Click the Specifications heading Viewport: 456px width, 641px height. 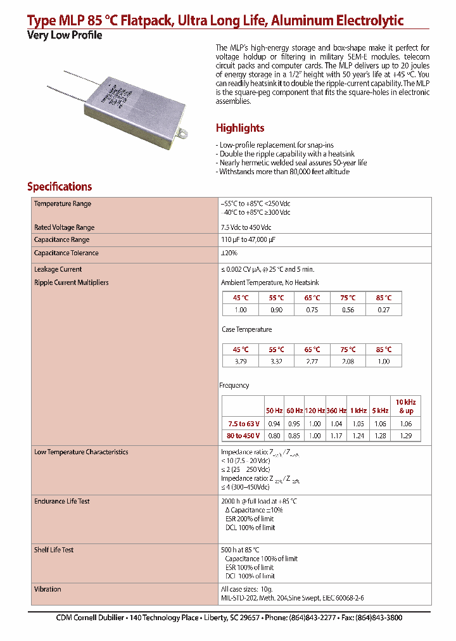click(x=60, y=187)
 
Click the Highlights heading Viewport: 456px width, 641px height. click(x=240, y=128)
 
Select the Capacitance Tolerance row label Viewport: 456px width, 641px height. click(x=66, y=253)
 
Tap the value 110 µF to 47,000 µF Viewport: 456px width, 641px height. click(x=248, y=239)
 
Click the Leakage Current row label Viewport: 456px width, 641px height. click(x=58, y=269)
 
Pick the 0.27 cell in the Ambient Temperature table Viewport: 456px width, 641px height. click(x=384, y=310)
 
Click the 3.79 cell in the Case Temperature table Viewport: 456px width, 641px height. click(x=241, y=361)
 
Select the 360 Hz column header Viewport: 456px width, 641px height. click(x=336, y=411)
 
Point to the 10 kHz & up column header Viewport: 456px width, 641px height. click(x=405, y=407)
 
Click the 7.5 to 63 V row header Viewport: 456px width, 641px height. click(x=244, y=424)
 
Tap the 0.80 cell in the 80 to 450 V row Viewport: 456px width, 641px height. click(x=274, y=436)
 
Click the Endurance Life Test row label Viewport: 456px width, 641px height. click(x=62, y=501)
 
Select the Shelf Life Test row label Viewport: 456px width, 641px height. click(x=54, y=550)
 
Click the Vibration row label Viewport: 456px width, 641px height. click(x=47, y=589)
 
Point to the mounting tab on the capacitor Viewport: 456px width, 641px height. click(x=184, y=132)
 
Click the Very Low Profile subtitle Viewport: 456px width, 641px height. click(x=65, y=35)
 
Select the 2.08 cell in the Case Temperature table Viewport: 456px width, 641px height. click(x=348, y=361)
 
